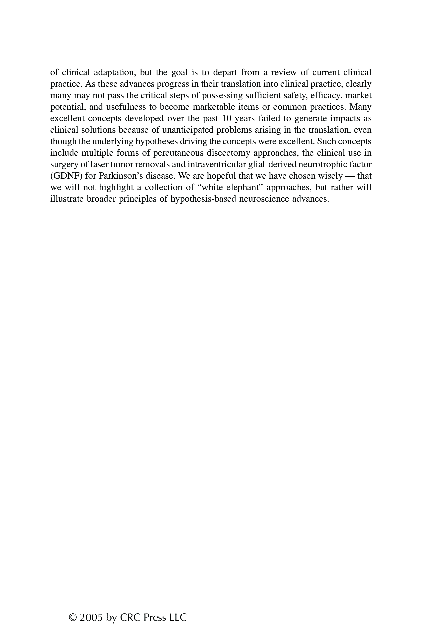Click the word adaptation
click(x=115, y=72)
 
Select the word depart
click(x=225, y=72)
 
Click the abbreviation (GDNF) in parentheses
click(x=66, y=176)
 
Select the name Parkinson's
click(x=121, y=176)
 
